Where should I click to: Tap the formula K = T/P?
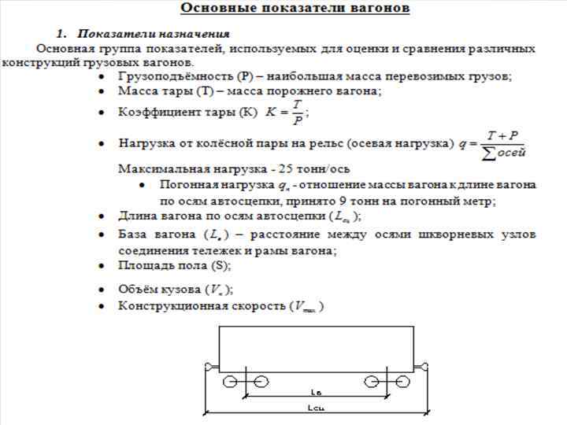click(287, 112)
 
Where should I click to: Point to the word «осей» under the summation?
click(509, 152)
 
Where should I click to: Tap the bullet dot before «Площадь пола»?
click(101, 266)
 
